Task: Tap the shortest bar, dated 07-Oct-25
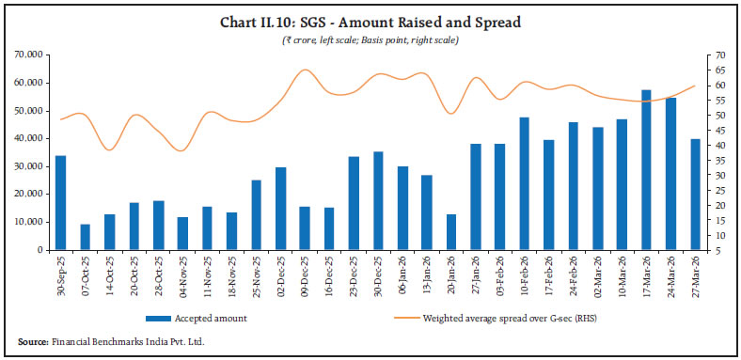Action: (85, 237)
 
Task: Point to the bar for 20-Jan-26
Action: (451, 232)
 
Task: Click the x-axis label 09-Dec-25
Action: (305, 274)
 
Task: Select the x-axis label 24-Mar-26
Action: (671, 274)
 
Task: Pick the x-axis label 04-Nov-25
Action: (182, 274)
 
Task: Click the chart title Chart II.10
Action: (370, 22)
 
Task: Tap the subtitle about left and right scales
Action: (370, 39)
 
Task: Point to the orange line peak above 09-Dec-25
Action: (305, 70)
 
